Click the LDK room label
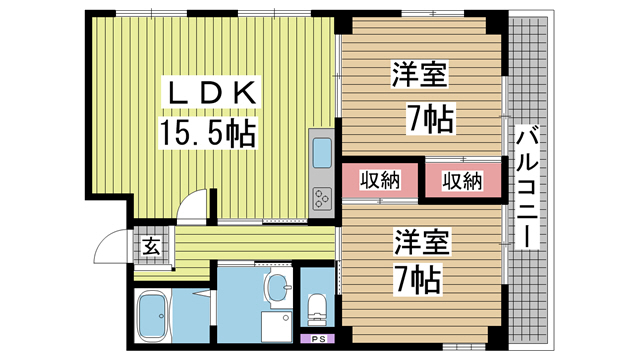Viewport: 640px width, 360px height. click(211, 93)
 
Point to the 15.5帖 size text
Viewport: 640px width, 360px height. click(208, 132)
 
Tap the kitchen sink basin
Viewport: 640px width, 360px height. click(322, 153)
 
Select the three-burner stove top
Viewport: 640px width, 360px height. click(322, 199)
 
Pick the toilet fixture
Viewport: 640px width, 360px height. click(316, 309)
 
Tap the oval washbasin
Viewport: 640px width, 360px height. click(278, 287)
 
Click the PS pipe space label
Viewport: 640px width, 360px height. click(317, 339)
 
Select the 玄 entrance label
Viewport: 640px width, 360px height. click(151, 246)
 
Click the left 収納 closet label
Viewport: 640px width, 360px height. click(380, 180)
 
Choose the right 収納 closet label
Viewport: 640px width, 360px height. click(462, 181)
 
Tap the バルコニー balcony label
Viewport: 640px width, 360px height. click(527, 187)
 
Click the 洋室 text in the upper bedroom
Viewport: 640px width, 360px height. click(420, 74)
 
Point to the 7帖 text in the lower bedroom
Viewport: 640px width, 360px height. click(418, 280)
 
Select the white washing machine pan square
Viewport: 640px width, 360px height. click(276, 327)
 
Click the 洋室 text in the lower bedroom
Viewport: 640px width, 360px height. click(421, 241)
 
